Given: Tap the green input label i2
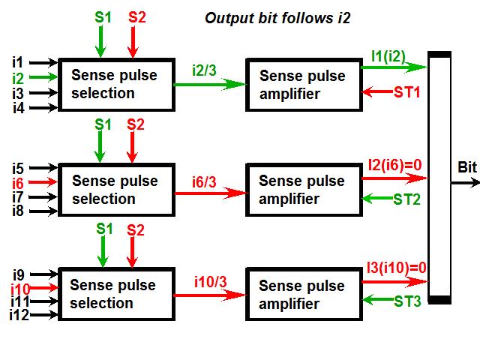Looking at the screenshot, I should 18,76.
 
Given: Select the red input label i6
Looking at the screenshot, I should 18,182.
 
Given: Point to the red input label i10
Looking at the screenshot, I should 19,288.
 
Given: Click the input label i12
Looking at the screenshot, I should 19,316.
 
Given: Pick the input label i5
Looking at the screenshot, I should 18,167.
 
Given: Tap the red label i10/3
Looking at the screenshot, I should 209,282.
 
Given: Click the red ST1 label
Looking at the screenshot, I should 408,92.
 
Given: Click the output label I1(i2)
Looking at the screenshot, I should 388,55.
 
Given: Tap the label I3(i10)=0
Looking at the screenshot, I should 396,267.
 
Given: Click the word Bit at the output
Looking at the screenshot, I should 466,166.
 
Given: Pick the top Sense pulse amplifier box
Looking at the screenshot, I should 301,85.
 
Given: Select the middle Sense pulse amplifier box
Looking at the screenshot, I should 301,190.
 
